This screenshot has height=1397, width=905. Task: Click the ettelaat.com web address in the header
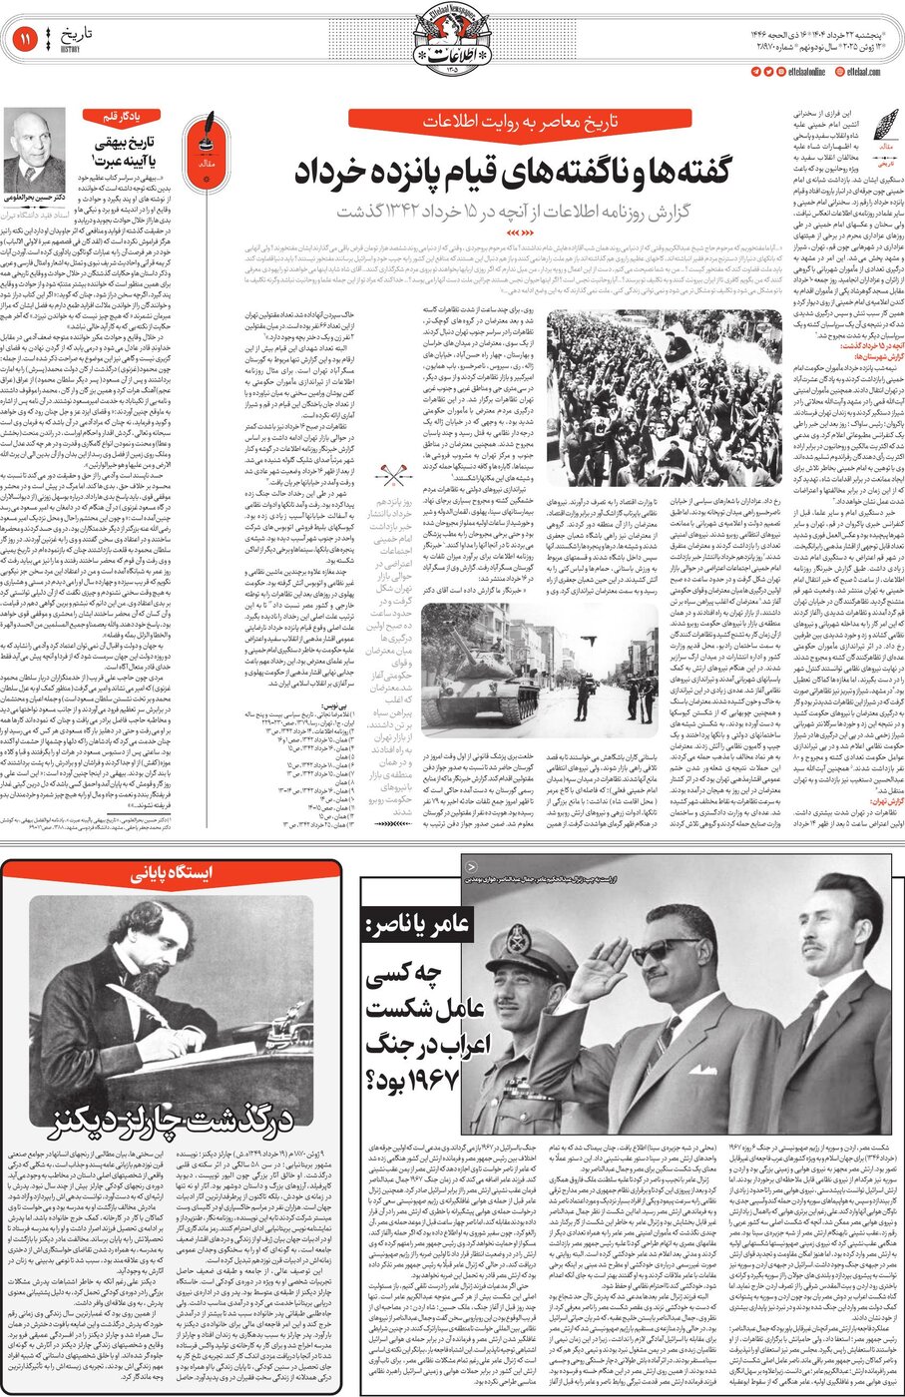(863, 72)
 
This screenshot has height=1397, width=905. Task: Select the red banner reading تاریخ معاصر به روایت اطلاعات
(520, 122)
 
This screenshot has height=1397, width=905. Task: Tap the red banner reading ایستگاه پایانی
(171, 873)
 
